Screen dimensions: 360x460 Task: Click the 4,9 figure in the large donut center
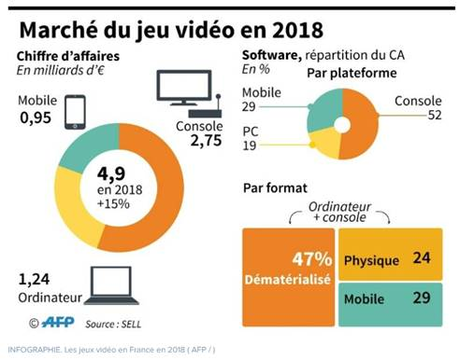click(x=117, y=171)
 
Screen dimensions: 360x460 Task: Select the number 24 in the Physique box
click(x=420, y=259)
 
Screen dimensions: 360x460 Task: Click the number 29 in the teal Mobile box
click(x=420, y=297)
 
